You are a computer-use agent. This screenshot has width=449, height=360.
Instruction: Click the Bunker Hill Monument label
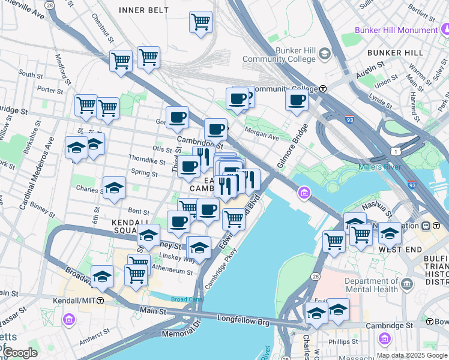click(395, 29)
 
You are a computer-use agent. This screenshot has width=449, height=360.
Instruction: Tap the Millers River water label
click(383, 167)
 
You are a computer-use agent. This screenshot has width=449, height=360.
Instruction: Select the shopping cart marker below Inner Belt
click(200, 22)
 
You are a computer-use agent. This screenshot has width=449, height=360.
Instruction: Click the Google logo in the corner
click(20, 353)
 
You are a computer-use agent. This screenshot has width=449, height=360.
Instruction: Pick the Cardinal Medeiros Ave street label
click(37, 173)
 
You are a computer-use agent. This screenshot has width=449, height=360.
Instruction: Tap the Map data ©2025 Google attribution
click(412, 355)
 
